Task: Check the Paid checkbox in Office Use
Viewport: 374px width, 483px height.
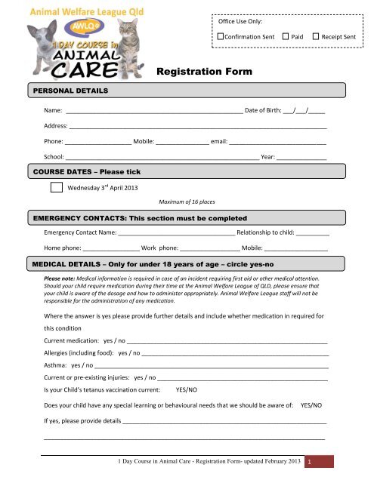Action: coord(285,36)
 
